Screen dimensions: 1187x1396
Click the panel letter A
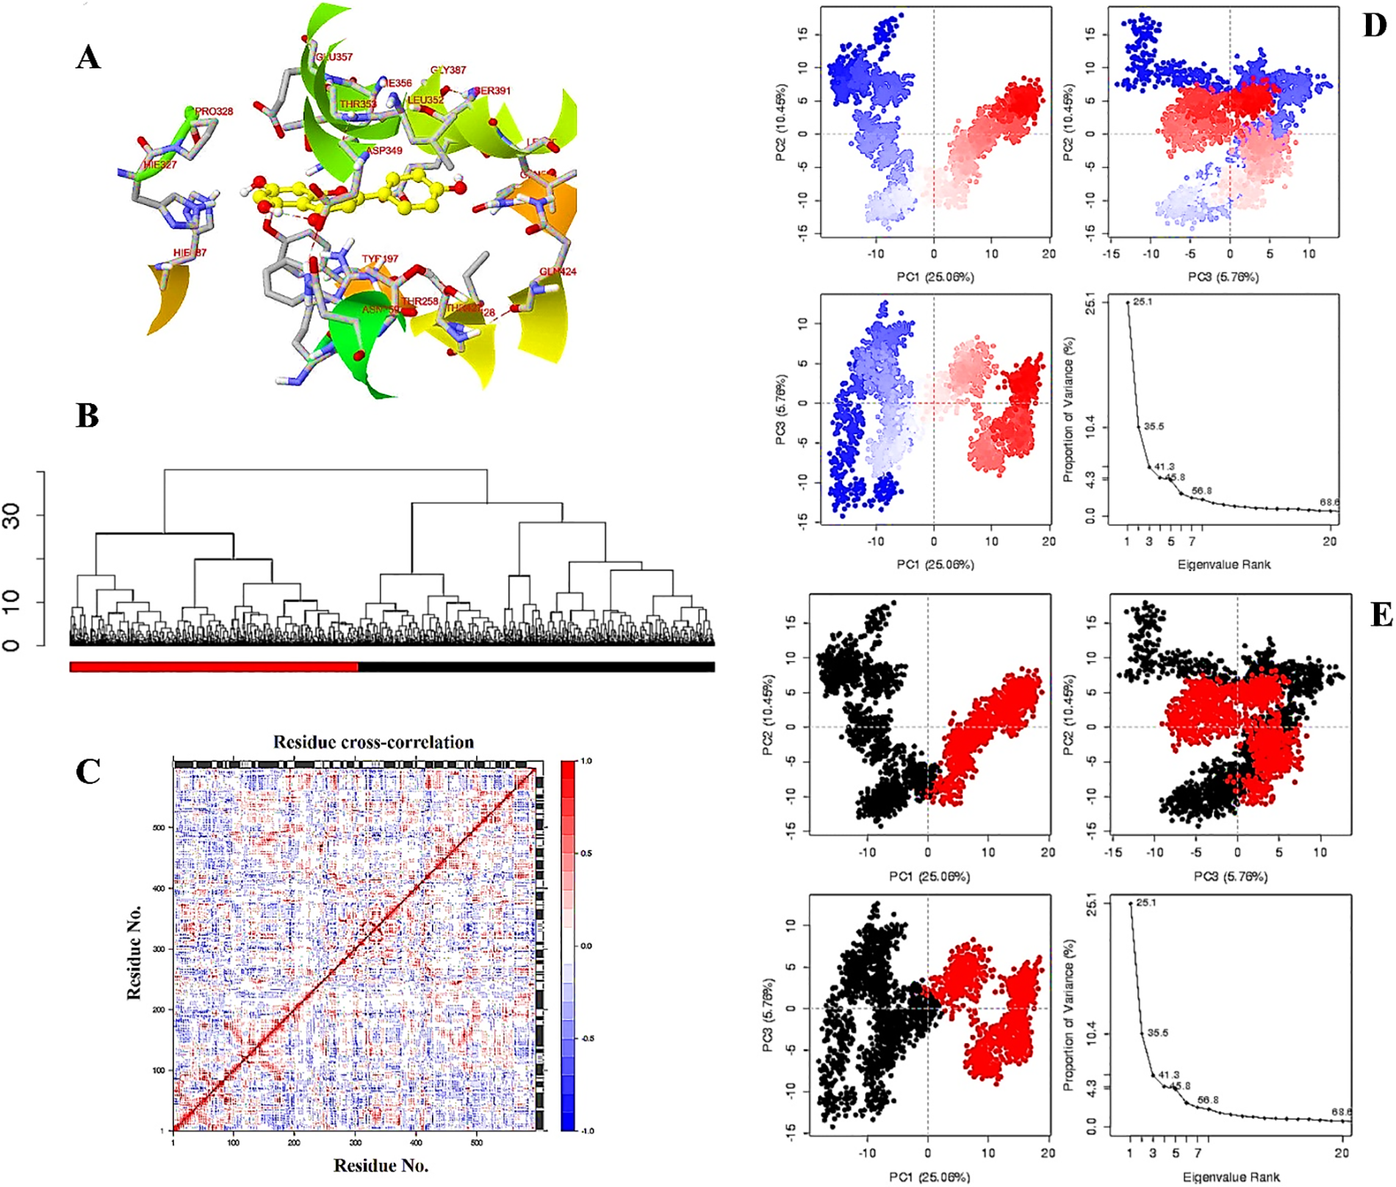[88, 57]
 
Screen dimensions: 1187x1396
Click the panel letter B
[87, 416]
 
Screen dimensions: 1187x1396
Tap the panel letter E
[1381, 614]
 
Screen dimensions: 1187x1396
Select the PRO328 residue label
[214, 112]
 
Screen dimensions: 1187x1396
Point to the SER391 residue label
[492, 91]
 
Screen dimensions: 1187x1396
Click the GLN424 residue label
[558, 272]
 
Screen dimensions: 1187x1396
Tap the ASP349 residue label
[384, 151]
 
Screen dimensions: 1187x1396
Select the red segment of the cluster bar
[213, 667]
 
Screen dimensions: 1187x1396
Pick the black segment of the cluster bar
[536, 667]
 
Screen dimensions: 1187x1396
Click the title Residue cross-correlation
[373, 742]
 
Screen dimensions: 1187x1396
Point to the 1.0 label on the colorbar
[586, 761]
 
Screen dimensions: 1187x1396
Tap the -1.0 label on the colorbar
[587, 1131]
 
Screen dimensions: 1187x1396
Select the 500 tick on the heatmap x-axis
[476, 1143]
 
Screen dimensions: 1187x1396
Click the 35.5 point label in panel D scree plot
[1154, 427]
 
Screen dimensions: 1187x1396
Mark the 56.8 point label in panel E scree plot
[1208, 1100]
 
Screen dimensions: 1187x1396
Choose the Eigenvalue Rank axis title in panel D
[1223, 565]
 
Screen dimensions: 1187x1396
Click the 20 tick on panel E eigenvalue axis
[1342, 1153]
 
